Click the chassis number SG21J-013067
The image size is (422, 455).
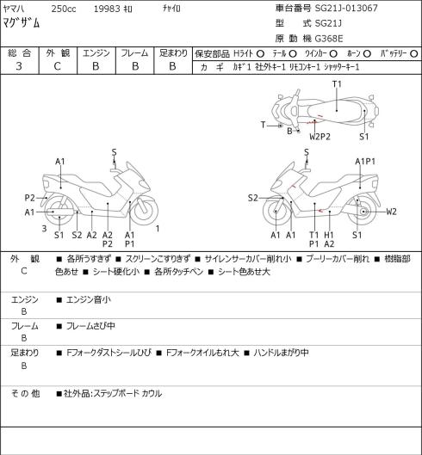pos(346,8)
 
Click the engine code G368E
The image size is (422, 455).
pos(329,39)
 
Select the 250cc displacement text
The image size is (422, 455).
pos(64,9)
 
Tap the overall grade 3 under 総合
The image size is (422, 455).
pos(19,66)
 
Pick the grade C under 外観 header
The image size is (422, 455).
pos(57,66)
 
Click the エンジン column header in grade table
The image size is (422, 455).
pos(96,53)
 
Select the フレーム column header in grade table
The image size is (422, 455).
pos(134,53)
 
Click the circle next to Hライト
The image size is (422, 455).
pos(260,53)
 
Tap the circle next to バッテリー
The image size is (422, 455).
pos(414,53)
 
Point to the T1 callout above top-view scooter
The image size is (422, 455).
pos(337,84)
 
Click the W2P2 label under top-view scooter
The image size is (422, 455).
pos(320,137)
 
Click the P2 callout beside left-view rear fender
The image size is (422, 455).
pos(29,198)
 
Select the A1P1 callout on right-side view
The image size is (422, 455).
pos(365,162)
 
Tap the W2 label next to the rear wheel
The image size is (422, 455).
pos(391,212)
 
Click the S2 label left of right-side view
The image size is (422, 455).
pos(253,198)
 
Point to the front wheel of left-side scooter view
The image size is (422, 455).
pos(145,211)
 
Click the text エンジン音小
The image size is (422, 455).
pos(89,299)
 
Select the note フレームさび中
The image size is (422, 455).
pos(90,326)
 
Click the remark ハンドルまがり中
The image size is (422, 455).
pos(281,353)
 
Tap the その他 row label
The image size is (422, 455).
pos(25,393)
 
